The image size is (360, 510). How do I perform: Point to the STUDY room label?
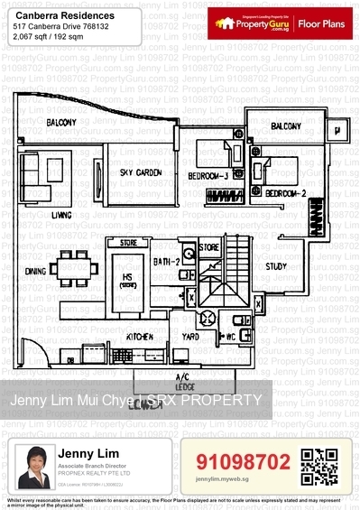point(276,266)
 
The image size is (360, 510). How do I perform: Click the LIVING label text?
point(61,215)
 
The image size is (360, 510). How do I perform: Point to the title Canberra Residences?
point(53,14)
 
